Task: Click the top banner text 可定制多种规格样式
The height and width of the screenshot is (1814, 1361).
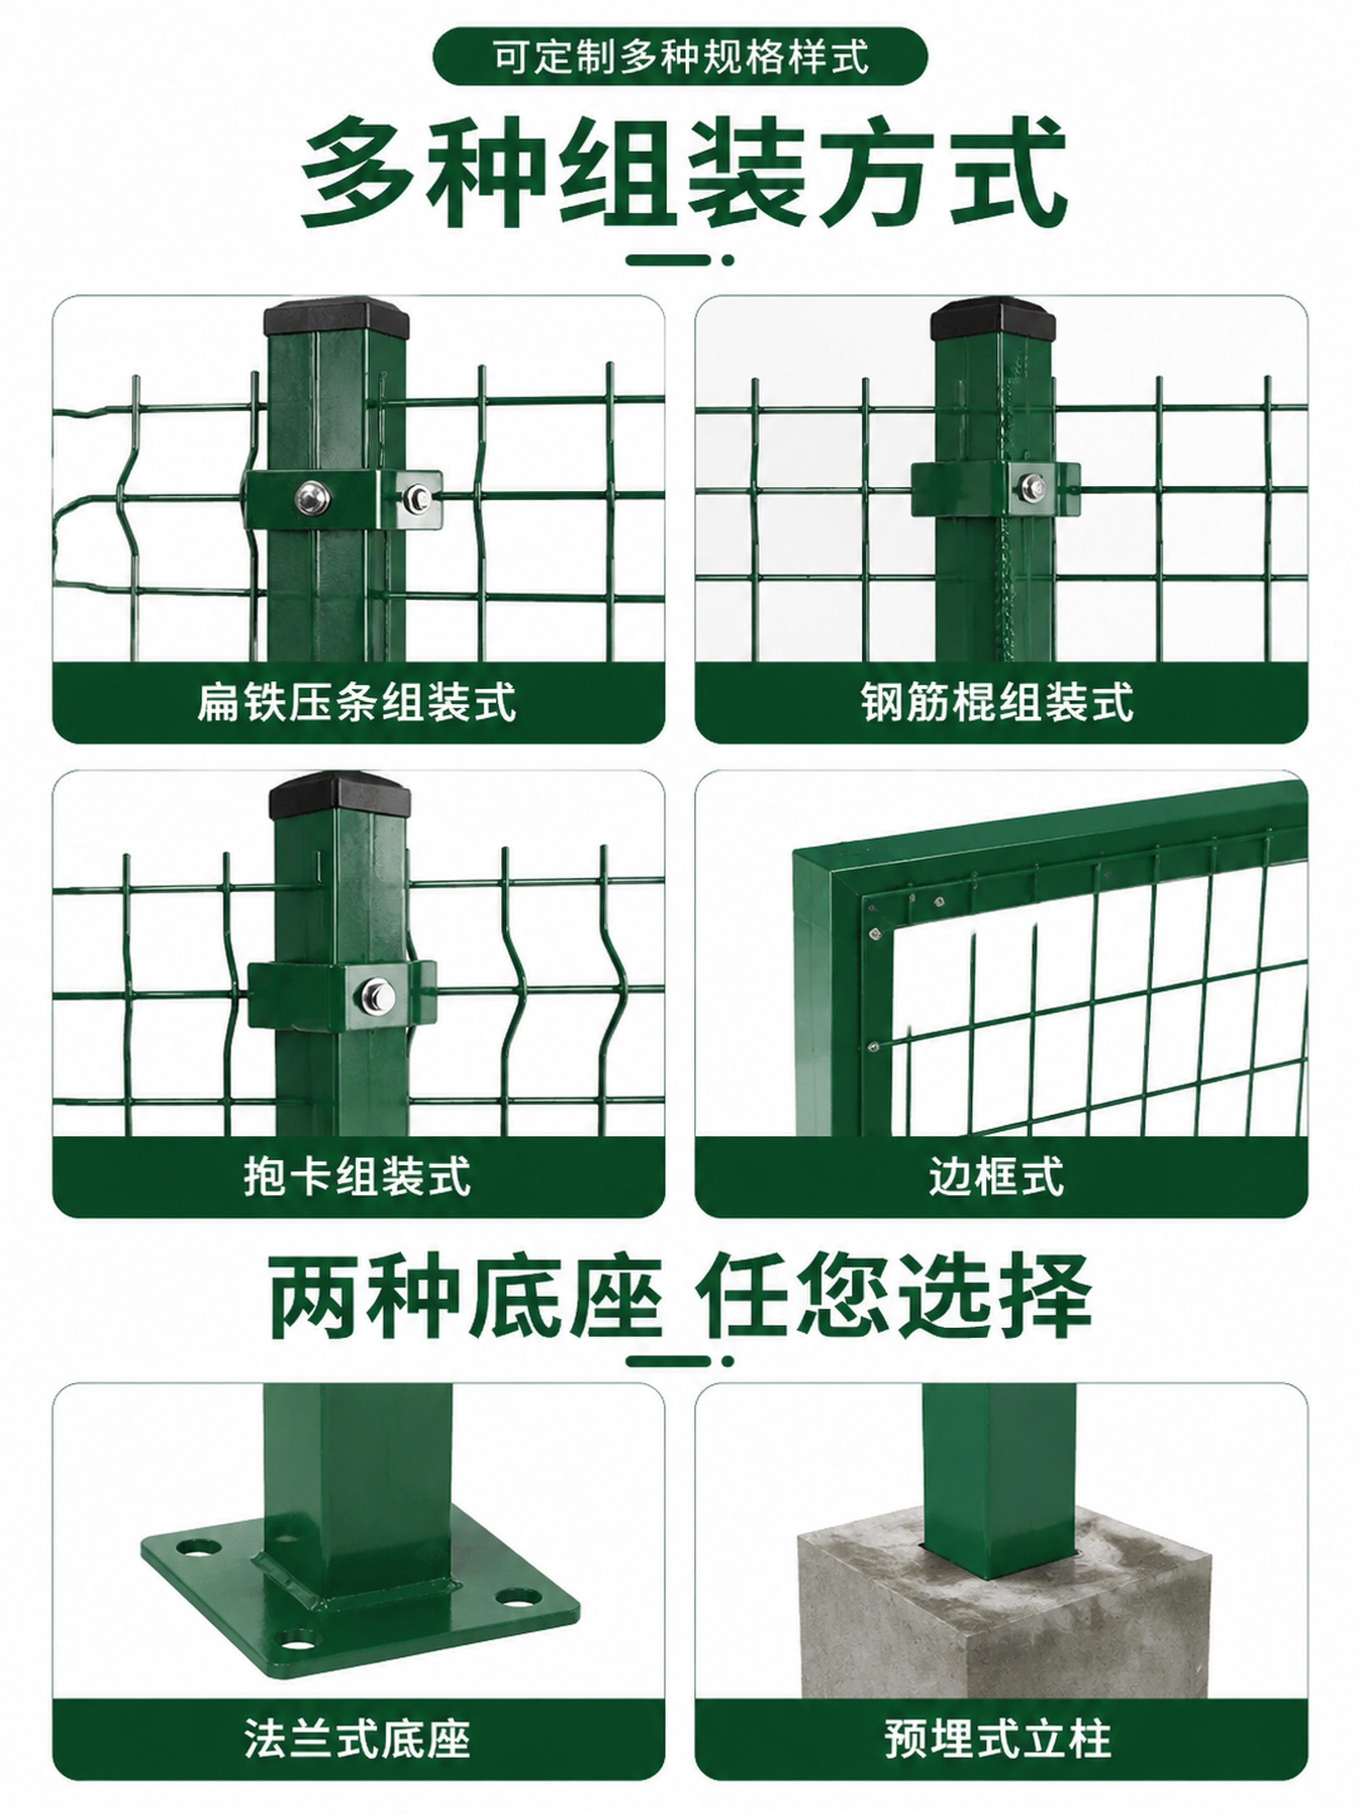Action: click(x=680, y=57)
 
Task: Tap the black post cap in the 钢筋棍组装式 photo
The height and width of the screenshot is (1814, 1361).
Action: click(x=992, y=319)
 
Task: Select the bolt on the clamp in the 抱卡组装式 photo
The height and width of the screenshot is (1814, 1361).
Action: click(x=378, y=995)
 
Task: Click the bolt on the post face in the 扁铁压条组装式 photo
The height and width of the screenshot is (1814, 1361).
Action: click(x=312, y=496)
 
